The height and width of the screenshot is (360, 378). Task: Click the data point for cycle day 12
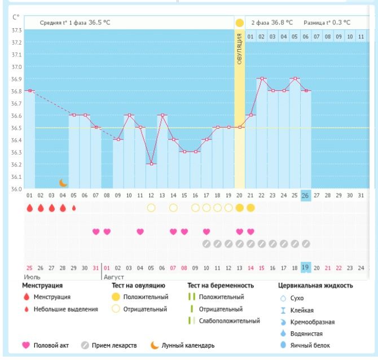[151, 164]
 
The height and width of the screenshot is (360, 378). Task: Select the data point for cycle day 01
[30, 90]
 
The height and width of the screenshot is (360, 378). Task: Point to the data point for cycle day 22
[262, 78]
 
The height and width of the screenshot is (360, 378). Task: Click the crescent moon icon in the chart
[63, 183]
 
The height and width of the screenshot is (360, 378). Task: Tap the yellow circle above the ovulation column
[240, 23]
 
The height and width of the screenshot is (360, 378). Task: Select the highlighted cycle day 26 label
[306, 195]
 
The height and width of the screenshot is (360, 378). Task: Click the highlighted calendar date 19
[306, 267]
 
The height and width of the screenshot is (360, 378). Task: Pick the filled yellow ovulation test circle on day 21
[250, 208]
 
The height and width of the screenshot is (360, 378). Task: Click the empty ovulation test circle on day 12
[151, 208]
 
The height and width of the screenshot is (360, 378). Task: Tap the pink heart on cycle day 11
[140, 231]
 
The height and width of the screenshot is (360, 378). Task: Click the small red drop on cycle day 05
[74, 208]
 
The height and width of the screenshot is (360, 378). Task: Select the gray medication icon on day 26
[306, 244]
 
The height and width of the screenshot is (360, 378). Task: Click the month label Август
[113, 278]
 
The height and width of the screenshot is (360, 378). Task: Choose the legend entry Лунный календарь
[183, 345]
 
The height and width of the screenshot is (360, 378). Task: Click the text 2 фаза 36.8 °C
[272, 23]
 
